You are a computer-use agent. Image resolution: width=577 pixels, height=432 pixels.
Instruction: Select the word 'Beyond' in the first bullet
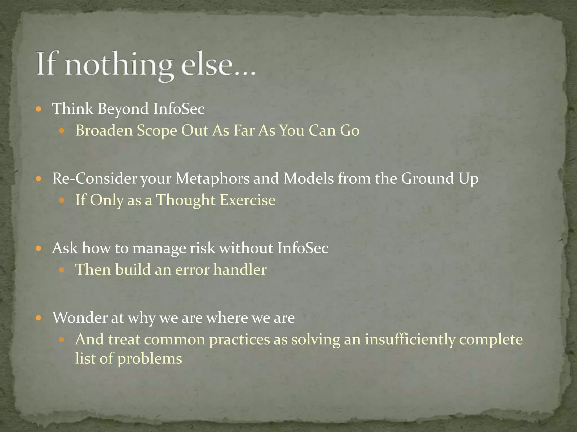click(123, 109)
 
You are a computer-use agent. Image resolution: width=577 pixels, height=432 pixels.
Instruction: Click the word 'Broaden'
click(104, 130)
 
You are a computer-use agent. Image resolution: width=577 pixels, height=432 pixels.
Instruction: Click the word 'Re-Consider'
click(94, 179)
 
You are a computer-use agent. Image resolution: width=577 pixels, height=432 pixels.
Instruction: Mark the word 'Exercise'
click(247, 200)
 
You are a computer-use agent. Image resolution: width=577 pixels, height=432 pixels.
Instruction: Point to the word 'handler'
click(240, 269)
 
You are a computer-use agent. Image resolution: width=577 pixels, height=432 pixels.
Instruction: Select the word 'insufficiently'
click(410, 339)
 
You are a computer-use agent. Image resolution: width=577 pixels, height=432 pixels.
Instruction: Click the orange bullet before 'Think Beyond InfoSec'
click(39, 109)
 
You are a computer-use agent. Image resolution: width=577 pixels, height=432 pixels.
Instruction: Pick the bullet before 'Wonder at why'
click(39, 318)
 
